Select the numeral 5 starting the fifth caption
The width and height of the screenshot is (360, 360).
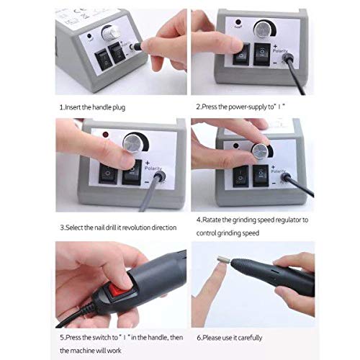(60, 336)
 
